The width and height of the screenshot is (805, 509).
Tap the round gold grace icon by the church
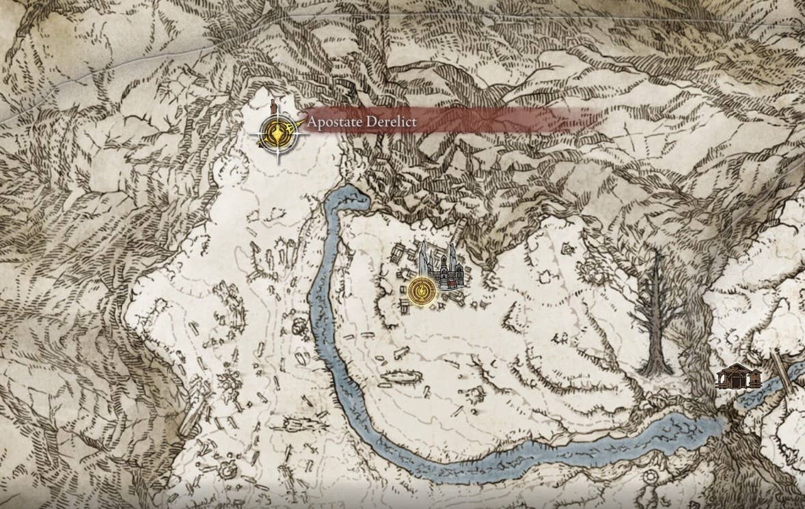pyautogui.click(x=421, y=290)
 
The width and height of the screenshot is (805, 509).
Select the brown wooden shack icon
pyautogui.click(x=738, y=375)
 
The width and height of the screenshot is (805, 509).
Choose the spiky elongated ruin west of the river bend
pyautogui.click(x=295, y=425)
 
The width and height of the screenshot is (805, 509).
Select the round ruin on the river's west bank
pyautogui.click(x=298, y=327)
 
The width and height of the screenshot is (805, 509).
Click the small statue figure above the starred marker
pyautogui.click(x=273, y=108)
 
